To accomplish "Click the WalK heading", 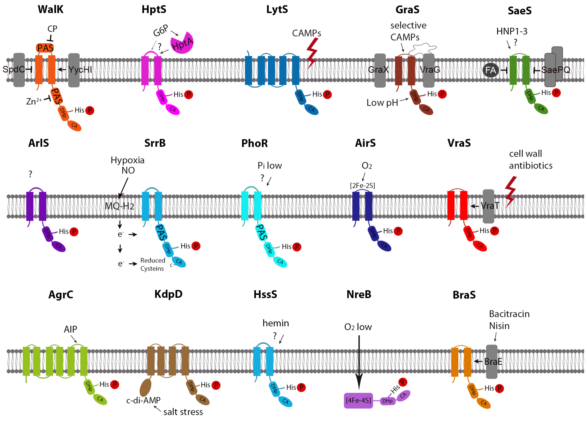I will (50, 9).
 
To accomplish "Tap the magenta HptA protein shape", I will (182, 44).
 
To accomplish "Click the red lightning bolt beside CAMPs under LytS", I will (312, 53).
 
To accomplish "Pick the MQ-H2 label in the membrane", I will (120, 206).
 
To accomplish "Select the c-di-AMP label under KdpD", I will (143, 400).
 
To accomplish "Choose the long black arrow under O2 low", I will (359, 362).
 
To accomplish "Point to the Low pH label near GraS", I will (382, 103).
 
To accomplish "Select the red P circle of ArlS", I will (74, 232).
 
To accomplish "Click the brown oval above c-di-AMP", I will (146, 388).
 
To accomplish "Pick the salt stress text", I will (183, 412).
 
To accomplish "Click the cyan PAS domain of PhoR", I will (261, 232).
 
